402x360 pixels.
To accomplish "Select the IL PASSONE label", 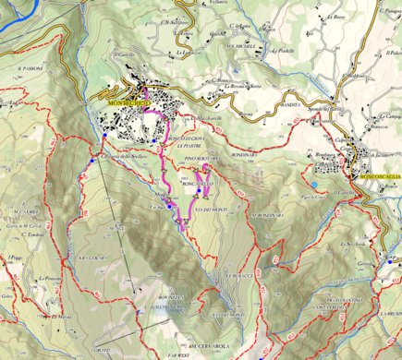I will coord(30,68).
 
